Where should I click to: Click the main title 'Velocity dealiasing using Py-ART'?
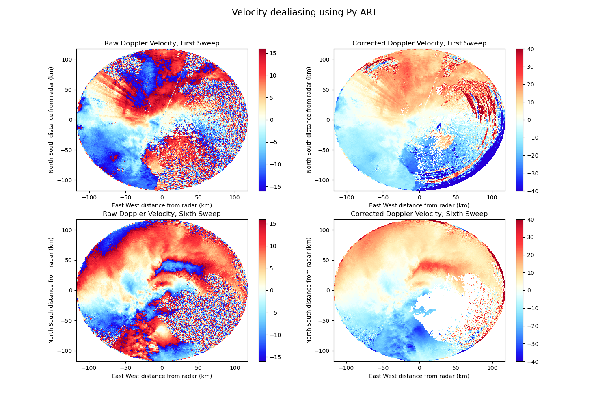304,12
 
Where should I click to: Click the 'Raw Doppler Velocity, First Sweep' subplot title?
162,43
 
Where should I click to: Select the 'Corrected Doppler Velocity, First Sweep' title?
419,43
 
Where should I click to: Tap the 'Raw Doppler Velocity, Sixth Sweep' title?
162,214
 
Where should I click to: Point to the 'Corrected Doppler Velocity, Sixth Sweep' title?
419,214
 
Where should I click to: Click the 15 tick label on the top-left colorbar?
273,53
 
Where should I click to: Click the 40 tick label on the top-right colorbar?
530,49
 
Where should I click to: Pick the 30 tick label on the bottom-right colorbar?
530,237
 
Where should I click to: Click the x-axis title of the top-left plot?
162,205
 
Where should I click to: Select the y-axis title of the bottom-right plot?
309,290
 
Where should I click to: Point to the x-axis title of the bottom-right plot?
419,376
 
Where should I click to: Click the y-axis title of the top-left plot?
51,120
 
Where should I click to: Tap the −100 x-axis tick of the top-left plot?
89,198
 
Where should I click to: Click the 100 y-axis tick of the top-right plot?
325,60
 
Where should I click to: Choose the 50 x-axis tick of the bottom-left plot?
199,368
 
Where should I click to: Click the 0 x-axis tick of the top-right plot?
419,198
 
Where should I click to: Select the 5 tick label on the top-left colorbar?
271,98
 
